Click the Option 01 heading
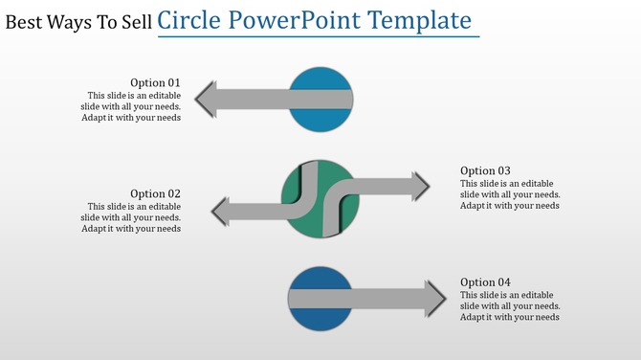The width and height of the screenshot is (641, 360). coord(155,83)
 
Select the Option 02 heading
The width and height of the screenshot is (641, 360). coord(155,194)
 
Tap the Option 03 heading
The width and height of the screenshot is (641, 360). coord(485,171)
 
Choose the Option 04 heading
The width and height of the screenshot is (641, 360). coord(485,282)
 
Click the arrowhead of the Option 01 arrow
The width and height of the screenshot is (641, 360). coord(206,100)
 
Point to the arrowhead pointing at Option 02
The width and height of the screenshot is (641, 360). coord(221,212)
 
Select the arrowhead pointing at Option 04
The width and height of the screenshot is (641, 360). coord(434,298)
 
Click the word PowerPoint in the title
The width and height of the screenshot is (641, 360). coord(308,19)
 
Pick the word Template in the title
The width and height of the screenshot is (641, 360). coord(426,19)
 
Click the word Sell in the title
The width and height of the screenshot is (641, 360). coord(132,21)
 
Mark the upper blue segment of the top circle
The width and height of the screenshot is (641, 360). coord(321,79)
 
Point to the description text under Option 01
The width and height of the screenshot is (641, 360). coord(131,106)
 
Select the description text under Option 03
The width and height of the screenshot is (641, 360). coord(510,194)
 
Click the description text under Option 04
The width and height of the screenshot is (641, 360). coord(510,305)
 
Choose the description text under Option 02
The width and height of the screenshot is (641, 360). coord(131,217)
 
